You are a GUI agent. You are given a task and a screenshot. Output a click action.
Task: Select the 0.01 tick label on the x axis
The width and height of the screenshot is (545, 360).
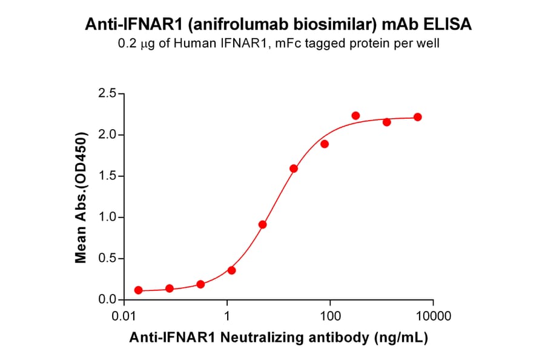[124, 316]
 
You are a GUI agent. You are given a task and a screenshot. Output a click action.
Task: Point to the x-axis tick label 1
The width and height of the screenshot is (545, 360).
[227, 316]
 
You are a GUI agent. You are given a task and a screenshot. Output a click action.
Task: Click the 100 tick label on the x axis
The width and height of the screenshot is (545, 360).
[330, 316]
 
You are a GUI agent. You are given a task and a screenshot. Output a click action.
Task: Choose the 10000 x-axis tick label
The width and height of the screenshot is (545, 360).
[432, 316]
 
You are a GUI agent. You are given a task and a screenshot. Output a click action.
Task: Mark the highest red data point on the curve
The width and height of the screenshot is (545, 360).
[355, 116]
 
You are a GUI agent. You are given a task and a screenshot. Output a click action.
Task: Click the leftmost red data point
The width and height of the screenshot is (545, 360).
[139, 290]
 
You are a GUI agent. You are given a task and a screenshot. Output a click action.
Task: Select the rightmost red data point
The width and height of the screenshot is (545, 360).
[418, 117]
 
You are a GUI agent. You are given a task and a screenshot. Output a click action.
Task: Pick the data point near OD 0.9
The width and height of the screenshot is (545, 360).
[263, 224]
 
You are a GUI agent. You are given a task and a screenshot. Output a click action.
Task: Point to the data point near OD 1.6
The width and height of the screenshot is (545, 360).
[294, 168]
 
